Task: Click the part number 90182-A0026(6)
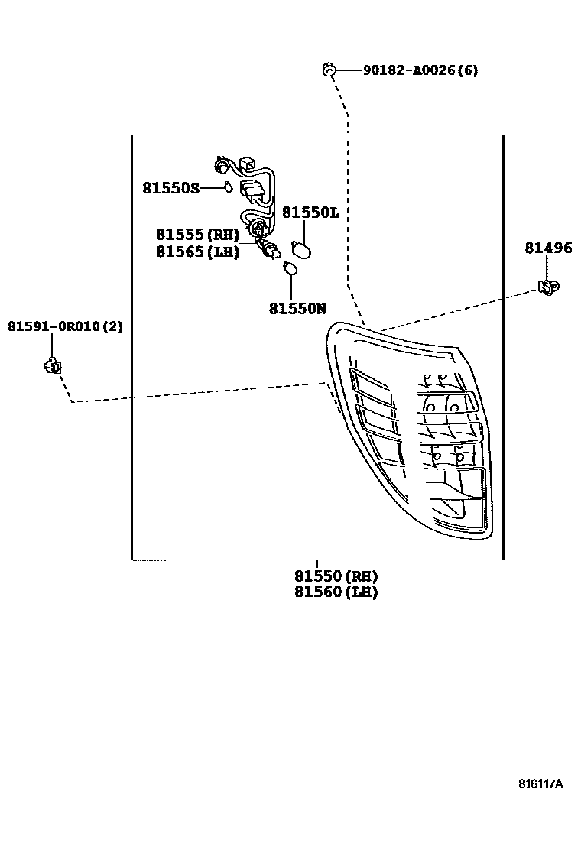click(420, 70)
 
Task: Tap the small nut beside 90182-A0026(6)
click(328, 70)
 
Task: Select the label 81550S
click(170, 187)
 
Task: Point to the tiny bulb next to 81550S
click(228, 187)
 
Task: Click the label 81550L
click(310, 212)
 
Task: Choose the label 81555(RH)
click(198, 235)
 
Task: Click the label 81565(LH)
click(198, 251)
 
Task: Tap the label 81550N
click(297, 309)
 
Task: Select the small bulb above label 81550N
click(290, 269)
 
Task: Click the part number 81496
click(547, 248)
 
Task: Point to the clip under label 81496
click(547, 287)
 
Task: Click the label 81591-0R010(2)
click(65, 326)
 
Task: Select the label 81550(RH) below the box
click(336, 576)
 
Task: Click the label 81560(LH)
click(336, 592)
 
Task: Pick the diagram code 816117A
click(540, 783)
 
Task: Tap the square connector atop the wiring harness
click(248, 164)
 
